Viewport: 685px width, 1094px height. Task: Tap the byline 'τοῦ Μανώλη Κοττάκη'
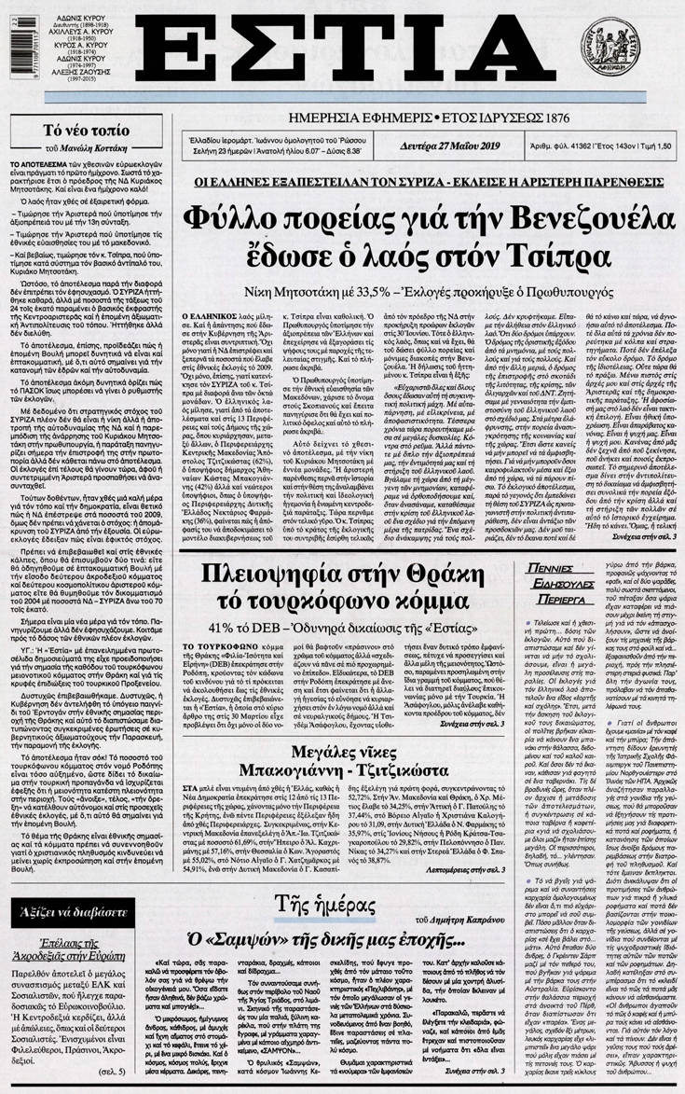(x=86, y=149)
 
